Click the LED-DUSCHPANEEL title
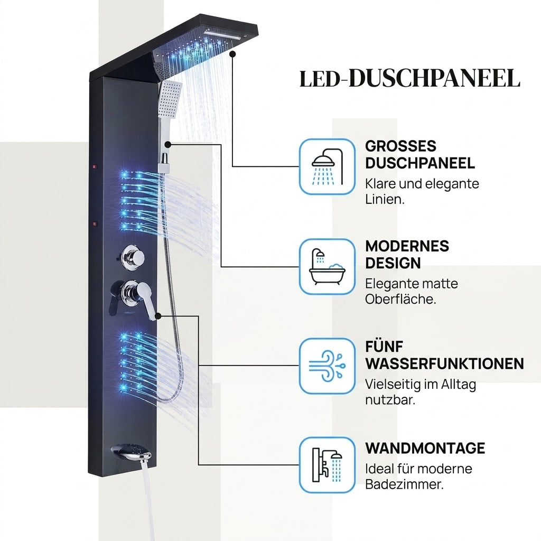pos(409,78)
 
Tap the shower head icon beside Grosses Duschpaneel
pos(327,166)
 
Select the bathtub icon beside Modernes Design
pos(327,266)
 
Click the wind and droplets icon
pos(327,366)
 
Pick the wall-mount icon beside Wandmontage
pos(327,465)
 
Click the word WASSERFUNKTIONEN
pos(444,363)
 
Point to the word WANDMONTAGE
pos(425,448)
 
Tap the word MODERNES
pos(407,246)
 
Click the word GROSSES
pos(401,146)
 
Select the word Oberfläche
pos(400,299)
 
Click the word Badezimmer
pos(404,484)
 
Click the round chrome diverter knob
pos(133,257)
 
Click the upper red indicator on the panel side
pos(94,167)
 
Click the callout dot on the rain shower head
pos(232,54)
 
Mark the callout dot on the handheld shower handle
pos(167,145)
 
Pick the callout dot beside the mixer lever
pos(158,316)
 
